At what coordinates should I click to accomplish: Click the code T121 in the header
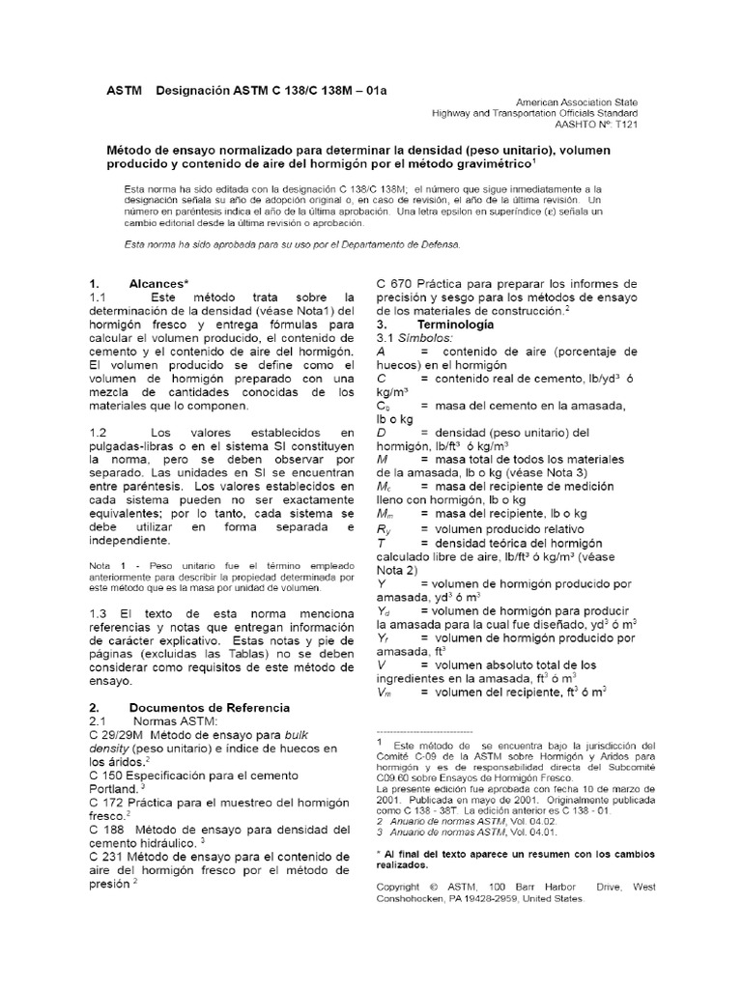click(624, 125)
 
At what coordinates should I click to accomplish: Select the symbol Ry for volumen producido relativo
click(384, 530)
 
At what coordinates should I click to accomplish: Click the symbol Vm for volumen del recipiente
click(385, 693)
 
